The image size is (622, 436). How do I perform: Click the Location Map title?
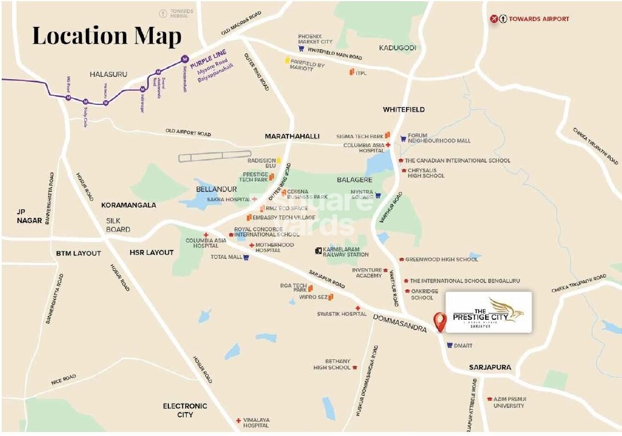point(107,35)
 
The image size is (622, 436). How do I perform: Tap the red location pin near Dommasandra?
point(440,321)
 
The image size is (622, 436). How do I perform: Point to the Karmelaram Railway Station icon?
point(318,251)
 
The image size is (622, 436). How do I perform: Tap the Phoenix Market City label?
point(314,39)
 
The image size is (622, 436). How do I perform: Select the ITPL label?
point(361,73)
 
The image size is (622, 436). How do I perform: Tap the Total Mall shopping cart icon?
point(246,257)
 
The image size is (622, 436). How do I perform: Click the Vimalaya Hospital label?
point(255,422)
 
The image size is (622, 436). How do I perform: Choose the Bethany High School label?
point(332,364)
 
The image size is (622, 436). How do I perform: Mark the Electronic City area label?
point(185,410)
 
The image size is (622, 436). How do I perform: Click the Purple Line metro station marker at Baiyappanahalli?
point(184,58)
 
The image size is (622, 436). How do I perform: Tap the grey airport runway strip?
point(215,155)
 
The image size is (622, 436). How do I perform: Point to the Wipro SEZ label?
point(312,297)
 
